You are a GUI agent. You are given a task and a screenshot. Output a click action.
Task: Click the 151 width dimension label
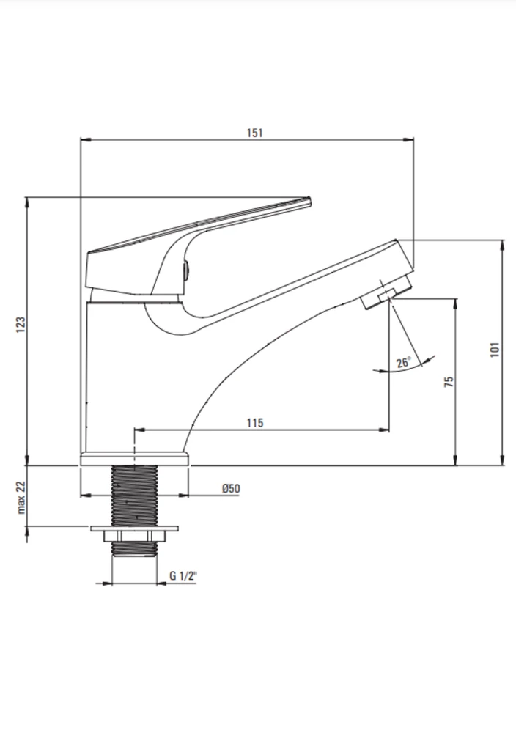pos(255,133)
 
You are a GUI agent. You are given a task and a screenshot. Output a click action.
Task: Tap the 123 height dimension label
pos(21,325)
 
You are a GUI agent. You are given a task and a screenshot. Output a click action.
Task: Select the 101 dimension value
pos(495,350)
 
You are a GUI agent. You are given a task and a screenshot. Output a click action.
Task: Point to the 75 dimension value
pos(449,381)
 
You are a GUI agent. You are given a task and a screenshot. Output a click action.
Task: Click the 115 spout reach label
pos(255,423)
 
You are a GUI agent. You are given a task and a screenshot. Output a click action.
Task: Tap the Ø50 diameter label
pos(231,488)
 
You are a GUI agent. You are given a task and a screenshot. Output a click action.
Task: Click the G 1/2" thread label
pos(183,575)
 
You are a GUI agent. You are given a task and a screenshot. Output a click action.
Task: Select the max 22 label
pos(21,497)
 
